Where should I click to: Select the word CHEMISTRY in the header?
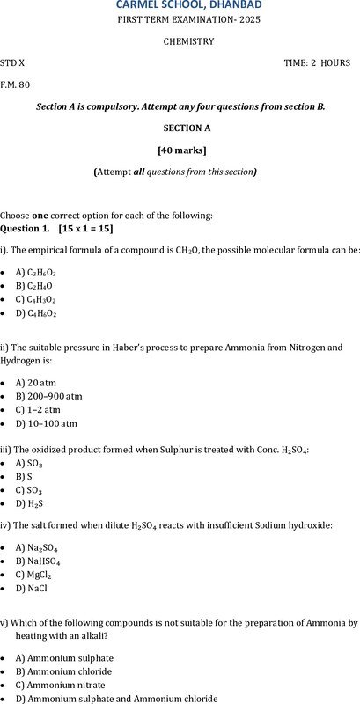click(188, 41)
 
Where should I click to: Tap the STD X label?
click(13, 63)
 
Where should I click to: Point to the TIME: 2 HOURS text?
click(316, 63)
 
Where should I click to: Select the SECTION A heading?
click(180, 128)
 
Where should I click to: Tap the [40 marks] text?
click(180, 150)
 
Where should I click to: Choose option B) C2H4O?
click(34, 286)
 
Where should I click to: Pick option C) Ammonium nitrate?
click(61, 686)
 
